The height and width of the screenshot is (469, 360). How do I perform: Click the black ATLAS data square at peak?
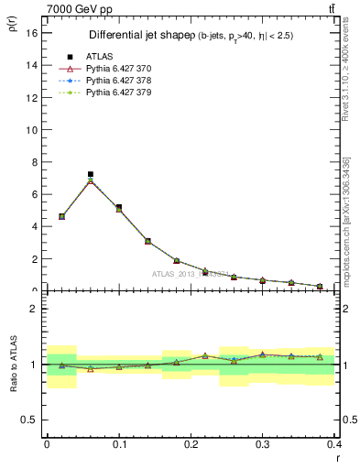point(90,174)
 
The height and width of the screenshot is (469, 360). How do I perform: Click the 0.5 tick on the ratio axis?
point(32,420)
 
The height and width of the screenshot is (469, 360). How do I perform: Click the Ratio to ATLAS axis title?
point(13,365)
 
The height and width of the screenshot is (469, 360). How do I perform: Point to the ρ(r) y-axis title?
point(13,21)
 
